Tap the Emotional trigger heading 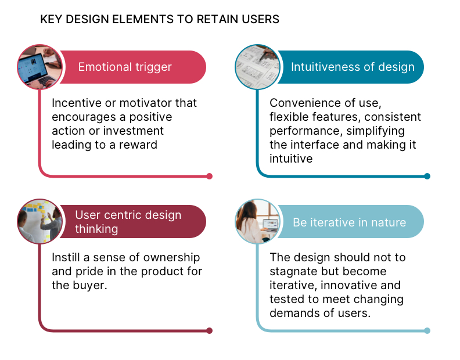[125, 67]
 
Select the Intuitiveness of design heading [353, 67]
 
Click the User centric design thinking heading [128, 222]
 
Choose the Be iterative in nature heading [350, 222]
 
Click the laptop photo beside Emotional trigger [40, 67]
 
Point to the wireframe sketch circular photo [258, 67]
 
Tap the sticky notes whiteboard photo [40, 221]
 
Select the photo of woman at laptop [258, 221]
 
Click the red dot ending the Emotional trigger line [209, 176]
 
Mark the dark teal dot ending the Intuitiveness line [427, 176]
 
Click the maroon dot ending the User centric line [209, 330]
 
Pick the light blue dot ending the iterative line [427, 330]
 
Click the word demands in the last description [293, 313]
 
